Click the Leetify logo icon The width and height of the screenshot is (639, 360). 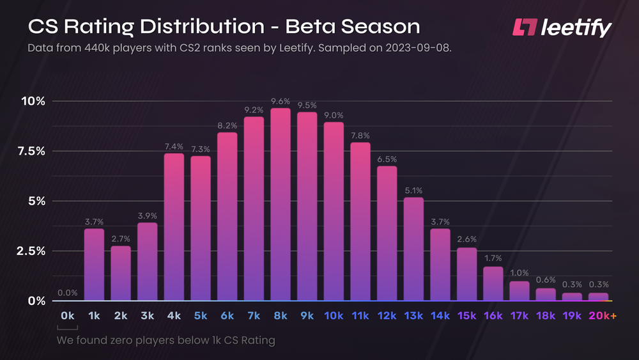point(526,27)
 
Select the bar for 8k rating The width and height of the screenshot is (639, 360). point(281,205)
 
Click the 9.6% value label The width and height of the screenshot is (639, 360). point(281,101)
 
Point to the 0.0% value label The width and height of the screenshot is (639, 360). point(67,293)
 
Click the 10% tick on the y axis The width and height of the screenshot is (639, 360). point(33,101)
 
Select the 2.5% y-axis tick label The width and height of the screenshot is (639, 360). point(30,251)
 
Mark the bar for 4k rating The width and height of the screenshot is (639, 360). point(174,227)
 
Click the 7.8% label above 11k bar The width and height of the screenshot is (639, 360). point(360,136)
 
